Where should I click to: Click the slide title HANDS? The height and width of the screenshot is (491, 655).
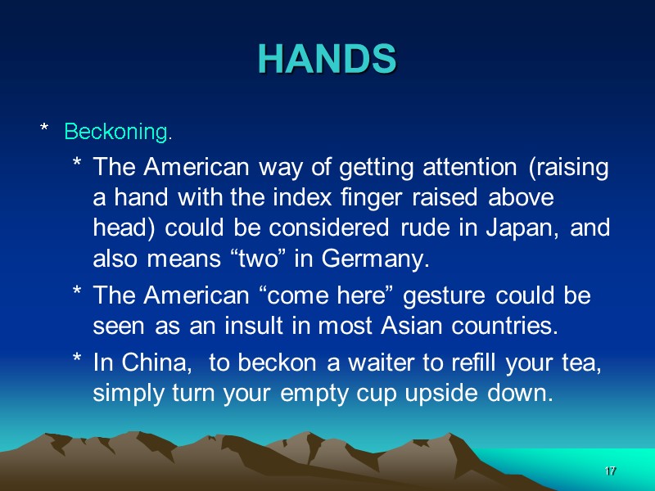(327, 59)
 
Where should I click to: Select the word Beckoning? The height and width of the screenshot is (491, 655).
(118, 131)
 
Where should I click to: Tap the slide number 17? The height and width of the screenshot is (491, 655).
(610, 471)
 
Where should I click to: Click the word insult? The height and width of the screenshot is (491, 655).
(246, 327)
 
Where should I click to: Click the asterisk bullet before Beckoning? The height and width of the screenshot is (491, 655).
(45, 130)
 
